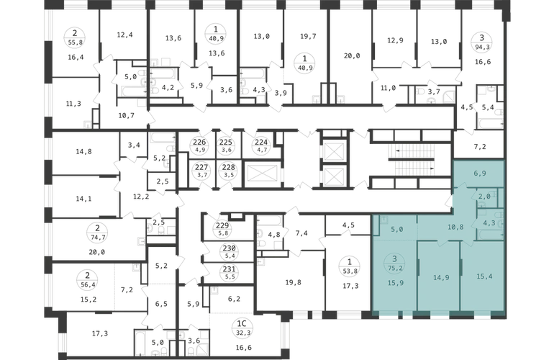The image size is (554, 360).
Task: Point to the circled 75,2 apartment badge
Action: pyautogui.click(x=395, y=264)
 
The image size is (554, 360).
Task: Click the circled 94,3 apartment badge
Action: pyautogui.click(x=481, y=42)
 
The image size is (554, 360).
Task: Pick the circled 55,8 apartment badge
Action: pyautogui.click(x=75, y=38)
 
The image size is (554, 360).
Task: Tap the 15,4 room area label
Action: pyautogui.click(x=484, y=276)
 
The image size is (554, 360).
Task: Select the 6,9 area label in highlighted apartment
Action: pyautogui.click(x=479, y=174)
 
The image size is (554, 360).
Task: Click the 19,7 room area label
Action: pyautogui.click(x=308, y=36)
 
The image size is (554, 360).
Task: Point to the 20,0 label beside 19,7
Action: pyautogui.click(x=352, y=55)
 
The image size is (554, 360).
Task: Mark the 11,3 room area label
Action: pyautogui.click(x=73, y=104)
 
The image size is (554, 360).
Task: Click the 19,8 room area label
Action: pyautogui.click(x=293, y=282)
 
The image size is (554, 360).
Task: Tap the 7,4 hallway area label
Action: pyautogui.click(x=301, y=233)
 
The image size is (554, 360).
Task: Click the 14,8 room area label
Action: pyautogui.click(x=83, y=151)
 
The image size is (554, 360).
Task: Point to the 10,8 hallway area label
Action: pyautogui.click(x=455, y=227)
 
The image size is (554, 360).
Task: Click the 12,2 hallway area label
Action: pyautogui.click(x=140, y=197)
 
